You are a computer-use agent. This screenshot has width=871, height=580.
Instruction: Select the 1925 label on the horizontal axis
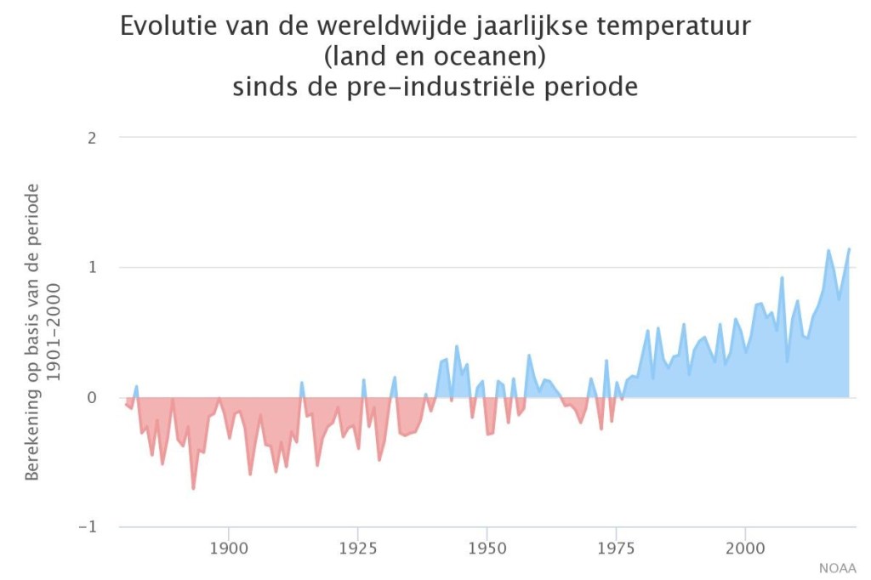(357, 545)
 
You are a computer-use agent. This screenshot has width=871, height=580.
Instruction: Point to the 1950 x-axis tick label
(487, 545)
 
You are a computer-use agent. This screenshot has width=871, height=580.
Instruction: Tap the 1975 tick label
(616, 545)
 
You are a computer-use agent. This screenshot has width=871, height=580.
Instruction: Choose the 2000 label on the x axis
(745, 545)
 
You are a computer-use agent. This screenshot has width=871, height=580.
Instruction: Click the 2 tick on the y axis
(93, 137)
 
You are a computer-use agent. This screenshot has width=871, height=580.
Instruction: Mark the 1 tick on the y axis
(93, 267)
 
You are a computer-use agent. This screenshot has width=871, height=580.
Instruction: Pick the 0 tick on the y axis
(93, 397)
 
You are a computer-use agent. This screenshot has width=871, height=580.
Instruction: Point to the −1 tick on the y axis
(88, 527)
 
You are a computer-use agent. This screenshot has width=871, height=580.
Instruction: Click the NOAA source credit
(838, 568)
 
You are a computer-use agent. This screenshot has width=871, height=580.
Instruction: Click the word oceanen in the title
(498, 56)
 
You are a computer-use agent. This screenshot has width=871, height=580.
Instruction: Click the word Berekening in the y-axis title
(32, 429)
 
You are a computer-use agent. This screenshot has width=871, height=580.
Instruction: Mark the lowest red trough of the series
(193, 488)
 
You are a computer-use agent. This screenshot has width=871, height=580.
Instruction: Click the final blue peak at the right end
(849, 249)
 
